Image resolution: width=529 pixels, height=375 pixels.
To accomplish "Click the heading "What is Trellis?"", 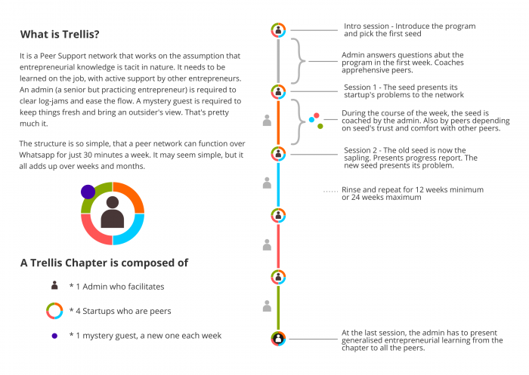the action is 60,35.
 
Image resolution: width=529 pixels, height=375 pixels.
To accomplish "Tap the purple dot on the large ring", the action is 88,192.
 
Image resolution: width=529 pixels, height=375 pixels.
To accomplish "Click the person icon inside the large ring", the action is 113,212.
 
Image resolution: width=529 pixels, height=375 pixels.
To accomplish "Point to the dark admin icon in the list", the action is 54,285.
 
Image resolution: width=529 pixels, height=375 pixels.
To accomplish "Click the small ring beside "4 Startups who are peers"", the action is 54,311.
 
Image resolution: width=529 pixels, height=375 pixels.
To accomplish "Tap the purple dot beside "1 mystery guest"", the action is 54,336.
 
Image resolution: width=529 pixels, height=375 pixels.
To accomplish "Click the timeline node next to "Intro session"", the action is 278,30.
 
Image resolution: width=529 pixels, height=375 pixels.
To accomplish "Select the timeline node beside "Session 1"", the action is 278,91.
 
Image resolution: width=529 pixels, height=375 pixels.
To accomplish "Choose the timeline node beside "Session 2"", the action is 278,154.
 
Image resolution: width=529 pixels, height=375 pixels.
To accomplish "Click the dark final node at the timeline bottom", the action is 278,339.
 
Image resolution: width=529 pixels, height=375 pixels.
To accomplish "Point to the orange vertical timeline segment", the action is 278,123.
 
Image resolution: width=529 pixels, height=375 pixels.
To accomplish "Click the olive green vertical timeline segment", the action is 278,308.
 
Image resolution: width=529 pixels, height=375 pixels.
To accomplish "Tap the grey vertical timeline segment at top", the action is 278,61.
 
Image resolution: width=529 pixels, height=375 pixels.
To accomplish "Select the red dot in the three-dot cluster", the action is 317,115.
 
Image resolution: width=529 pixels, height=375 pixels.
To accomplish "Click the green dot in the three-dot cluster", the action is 320,126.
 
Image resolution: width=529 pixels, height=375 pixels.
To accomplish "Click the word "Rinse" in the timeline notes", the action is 351,189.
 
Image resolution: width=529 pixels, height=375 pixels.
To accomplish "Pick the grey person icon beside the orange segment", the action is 267,121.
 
